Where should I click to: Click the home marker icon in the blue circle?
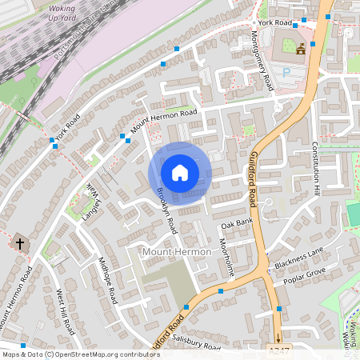180,173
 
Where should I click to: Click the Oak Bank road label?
236,222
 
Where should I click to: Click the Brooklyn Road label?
166,210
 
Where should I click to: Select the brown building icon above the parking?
301,50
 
